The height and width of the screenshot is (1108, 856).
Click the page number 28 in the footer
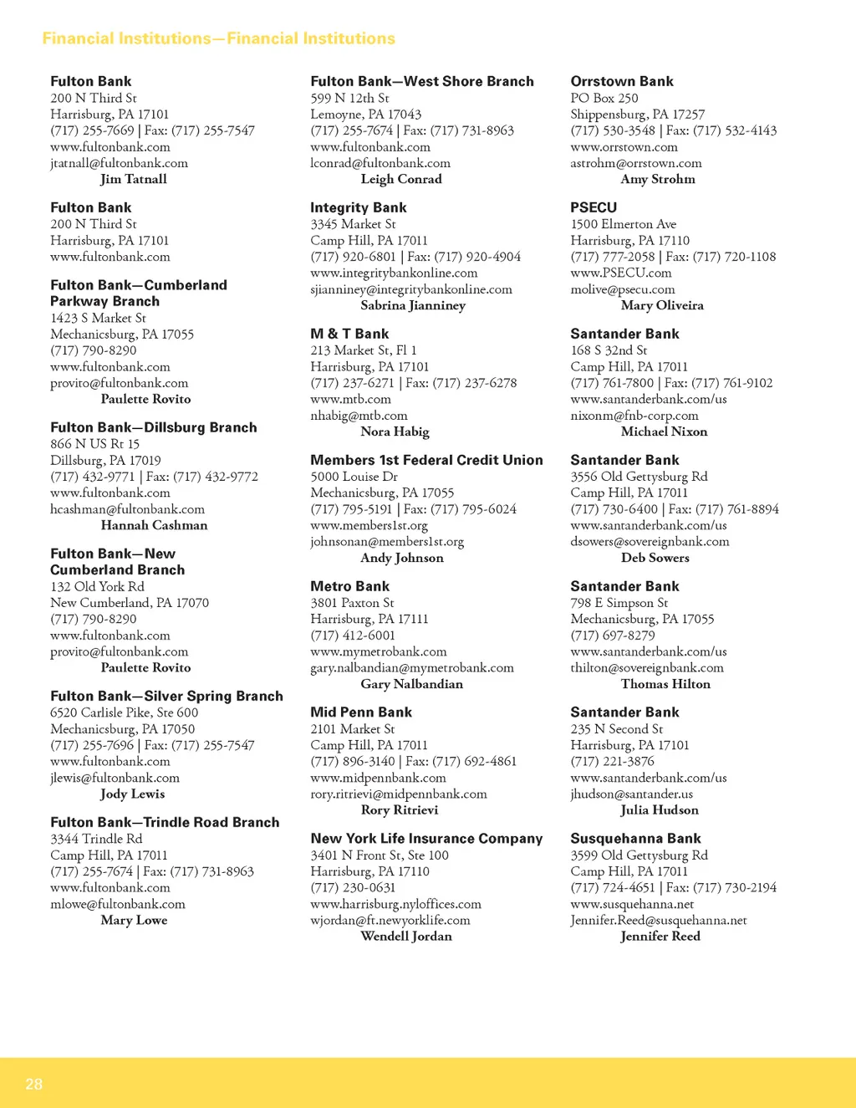pyautogui.click(x=33, y=1084)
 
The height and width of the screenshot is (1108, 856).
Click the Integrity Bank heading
pyautogui.click(x=358, y=207)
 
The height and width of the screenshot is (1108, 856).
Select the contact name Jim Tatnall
pyautogui.click(x=134, y=179)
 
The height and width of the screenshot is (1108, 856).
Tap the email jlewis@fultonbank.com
pyautogui.click(x=115, y=778)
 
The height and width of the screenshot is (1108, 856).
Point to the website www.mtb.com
pyautogui.click(x=350, y=399)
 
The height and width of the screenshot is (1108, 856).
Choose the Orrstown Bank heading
pyautogui.click(x=621, y=81)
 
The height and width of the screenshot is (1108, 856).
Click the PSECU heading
pyautogui.click(x=594, y=207)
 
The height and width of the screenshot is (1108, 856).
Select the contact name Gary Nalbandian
pyautogui.click(x=411, y=684)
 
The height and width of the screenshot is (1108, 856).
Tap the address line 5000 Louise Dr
pyautogui.click(x=354, y=477)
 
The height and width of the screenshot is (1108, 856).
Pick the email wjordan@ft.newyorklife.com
pyautogui.click(x=390, y=920)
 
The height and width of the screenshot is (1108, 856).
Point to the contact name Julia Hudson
pyautogui.click(x=659, y=809)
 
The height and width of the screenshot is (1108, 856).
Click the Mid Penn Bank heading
pyautogui.click(x=361, y=712)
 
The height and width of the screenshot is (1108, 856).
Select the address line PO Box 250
pyautogui.click(x=604, y=98)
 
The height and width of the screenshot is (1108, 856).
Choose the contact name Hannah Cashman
pyautogui.click(x=154, y=525)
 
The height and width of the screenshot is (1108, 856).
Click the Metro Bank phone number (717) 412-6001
pyautogui.click(x=353, y=636)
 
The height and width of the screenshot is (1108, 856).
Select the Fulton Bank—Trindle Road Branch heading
pyautogui.click(x=165, y=822)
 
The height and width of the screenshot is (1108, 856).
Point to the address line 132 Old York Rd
pyautogui.click(x=97, y=586)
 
